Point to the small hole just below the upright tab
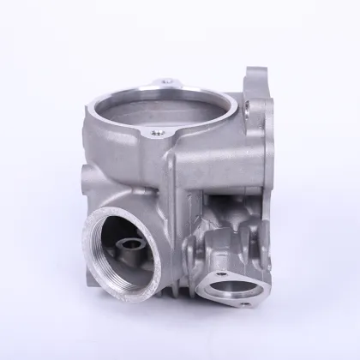coord(247,107)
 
